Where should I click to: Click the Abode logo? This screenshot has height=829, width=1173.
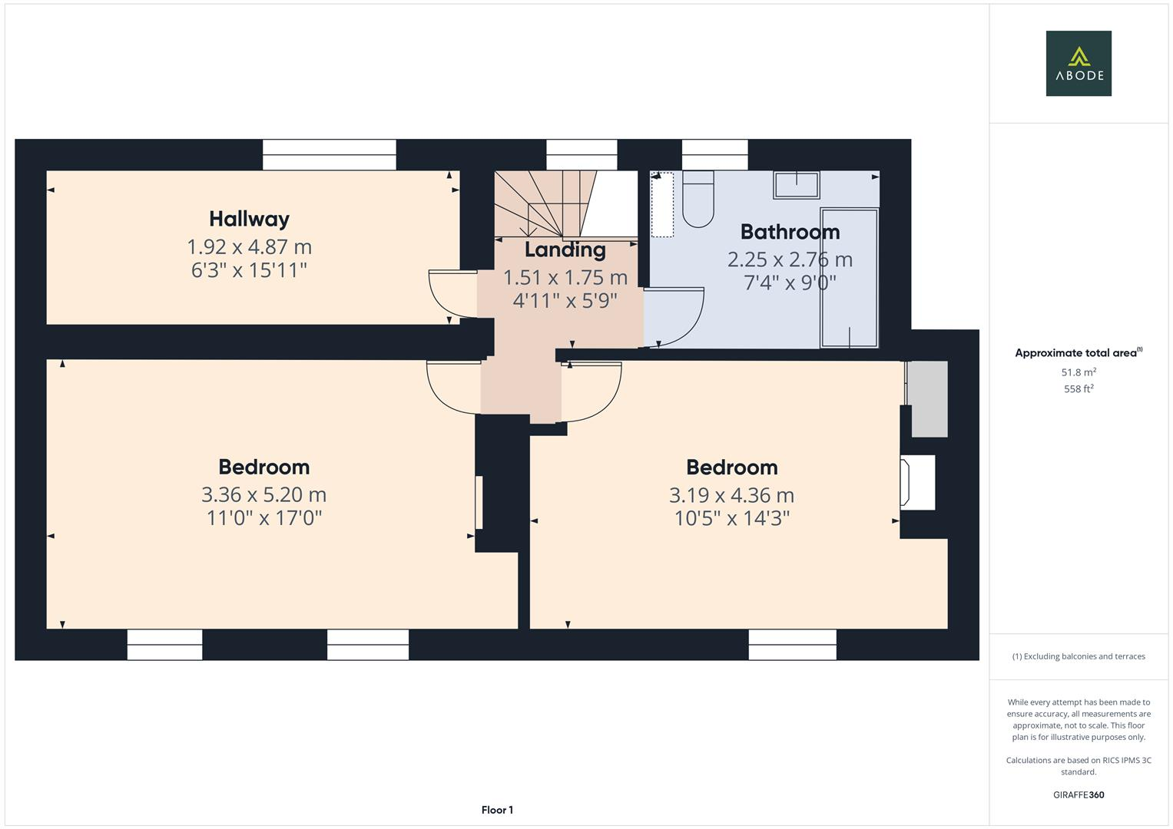click(1078, 63)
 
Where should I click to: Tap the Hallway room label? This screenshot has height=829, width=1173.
click(249, 219)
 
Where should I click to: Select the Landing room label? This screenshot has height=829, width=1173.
click(565, 249)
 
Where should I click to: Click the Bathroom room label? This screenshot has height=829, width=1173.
click(790, 232)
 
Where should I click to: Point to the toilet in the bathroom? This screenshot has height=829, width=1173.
click(698, 201)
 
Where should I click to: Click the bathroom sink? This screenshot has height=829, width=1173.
click(796, 185)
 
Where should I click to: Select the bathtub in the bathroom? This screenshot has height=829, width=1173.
click(849, 278)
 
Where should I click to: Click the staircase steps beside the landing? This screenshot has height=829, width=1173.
click(545, 203)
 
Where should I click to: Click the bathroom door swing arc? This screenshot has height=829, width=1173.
click(681, 315)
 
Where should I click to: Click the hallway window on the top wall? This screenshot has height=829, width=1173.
click(329, 154)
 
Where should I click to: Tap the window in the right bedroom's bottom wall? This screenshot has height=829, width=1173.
click(792, 645)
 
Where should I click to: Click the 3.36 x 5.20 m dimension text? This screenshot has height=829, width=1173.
click(263, 494)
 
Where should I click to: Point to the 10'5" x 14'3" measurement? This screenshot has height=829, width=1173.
click(731, 519)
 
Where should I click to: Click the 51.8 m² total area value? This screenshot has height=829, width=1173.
click(1078, 372)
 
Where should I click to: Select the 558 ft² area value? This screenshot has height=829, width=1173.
click(1078, 389)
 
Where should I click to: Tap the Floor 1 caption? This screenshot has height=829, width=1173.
click(497, 810)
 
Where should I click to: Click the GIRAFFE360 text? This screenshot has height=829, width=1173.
click(1078, 794)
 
